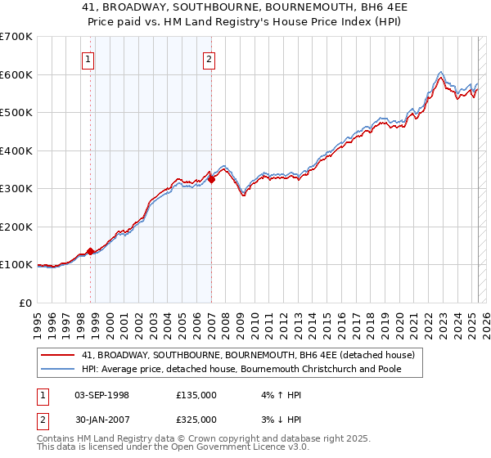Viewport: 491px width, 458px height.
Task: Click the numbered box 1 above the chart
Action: coord(88,58)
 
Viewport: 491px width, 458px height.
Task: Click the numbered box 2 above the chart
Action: coord(209,58)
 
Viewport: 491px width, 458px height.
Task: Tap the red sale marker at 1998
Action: coord(90,251)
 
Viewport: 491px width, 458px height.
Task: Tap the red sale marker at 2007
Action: coord(211,179)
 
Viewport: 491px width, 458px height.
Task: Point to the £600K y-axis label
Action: coord(16,74)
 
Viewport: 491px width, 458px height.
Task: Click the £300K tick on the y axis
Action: coord(16,189)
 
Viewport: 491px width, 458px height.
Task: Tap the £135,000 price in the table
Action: coord(196,395)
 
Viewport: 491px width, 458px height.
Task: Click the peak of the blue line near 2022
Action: coord(441,72)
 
